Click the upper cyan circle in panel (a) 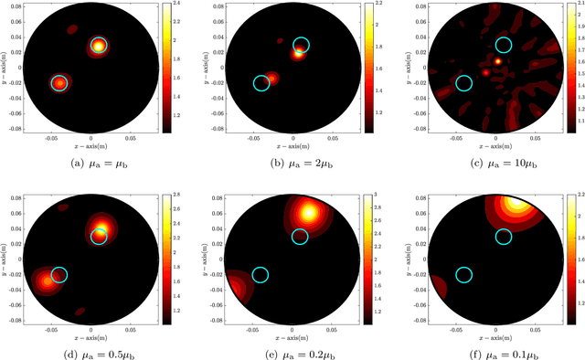99,45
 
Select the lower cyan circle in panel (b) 261,83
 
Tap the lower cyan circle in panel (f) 463,275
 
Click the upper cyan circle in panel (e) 301,237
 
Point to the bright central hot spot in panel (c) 498,61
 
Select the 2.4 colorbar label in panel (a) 180,5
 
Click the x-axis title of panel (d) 91,327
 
